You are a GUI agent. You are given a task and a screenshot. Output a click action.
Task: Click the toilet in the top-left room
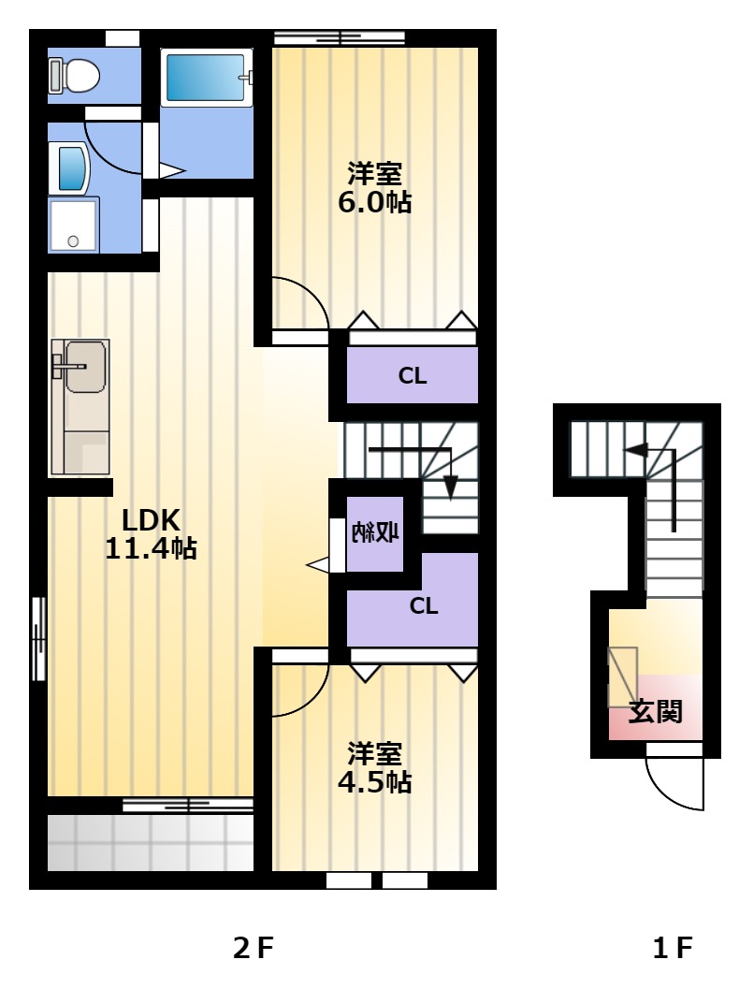pos(75,76)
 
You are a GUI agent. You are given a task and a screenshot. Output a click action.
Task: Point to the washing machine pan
pos(74,225)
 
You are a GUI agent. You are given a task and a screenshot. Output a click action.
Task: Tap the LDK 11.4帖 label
pos(151,534)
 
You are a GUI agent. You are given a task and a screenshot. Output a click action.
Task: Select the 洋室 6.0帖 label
pos(374,187)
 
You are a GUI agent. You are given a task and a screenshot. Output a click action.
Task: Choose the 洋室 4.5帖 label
pos(374,767)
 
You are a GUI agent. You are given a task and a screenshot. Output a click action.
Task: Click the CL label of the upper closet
pos(413,376)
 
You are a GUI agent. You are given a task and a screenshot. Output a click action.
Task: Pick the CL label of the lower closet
pos(424,606)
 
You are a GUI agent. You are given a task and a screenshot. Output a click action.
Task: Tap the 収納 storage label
pos(374,533)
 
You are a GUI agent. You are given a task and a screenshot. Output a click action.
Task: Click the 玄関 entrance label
pos(656,711)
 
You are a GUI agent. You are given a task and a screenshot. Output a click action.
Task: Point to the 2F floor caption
pos(254,948)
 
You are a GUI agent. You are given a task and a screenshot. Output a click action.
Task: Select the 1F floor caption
pos(673,948)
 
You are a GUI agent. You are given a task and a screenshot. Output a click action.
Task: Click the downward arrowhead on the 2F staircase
pos(450,487)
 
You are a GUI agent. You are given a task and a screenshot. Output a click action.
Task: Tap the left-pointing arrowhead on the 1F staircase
pos(635,450)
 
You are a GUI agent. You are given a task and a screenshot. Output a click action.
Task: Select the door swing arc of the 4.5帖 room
pos(312,699)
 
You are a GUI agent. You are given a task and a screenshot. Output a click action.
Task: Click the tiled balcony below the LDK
pos(150,843)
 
